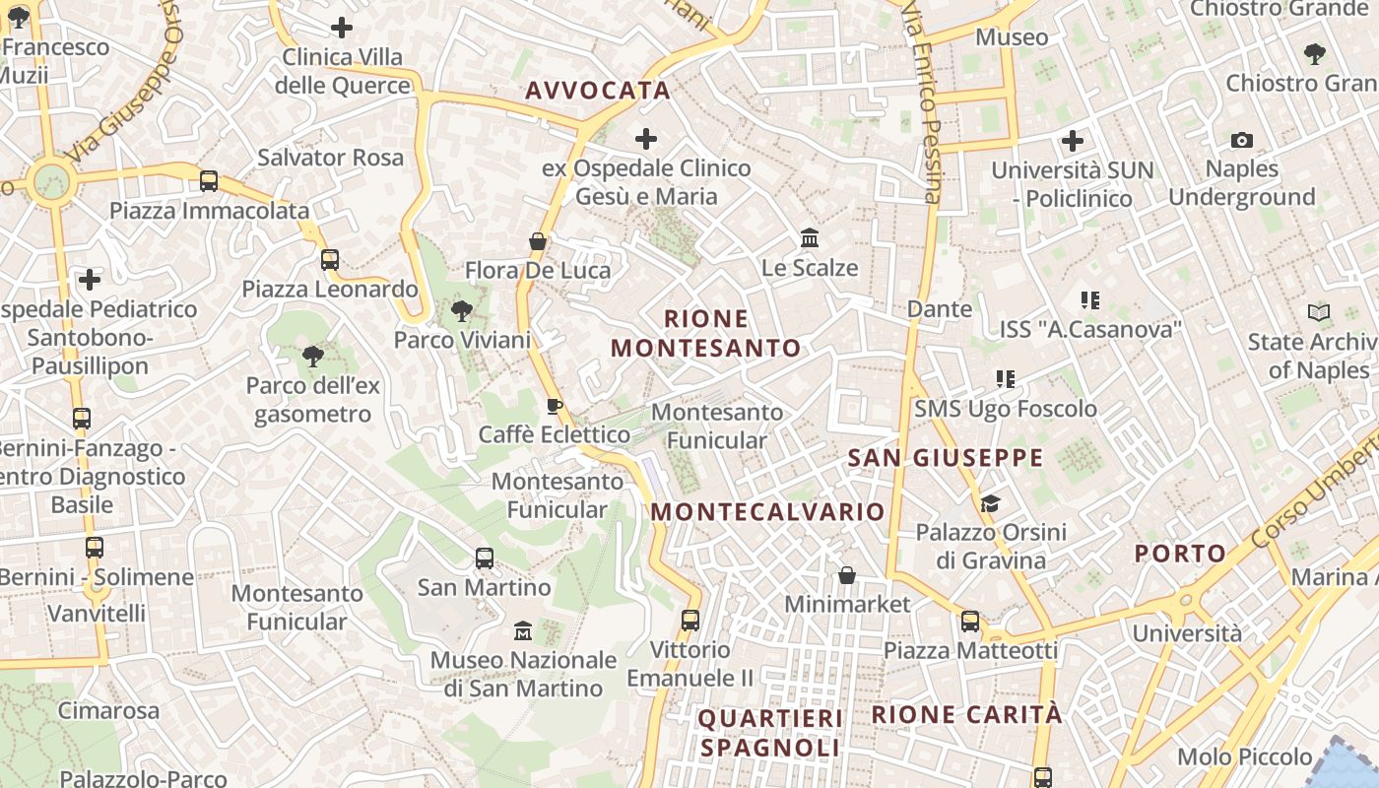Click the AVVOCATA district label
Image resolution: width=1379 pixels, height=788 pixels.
pyautogui.click(x=598, y=91)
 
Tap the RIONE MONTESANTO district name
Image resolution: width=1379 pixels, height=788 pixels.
pyautogui.click(x=706, y=333)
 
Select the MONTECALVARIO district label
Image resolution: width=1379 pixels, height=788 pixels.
pyautogui.click(x=768, y=512)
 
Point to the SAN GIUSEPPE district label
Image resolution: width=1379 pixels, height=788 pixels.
pyautogui.click(x=946, y=458)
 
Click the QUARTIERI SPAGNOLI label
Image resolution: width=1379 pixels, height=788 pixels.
pyautogui.click(x=770, y=733)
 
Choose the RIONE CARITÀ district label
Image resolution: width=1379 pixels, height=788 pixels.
pyautogui.click(x=967, y=714)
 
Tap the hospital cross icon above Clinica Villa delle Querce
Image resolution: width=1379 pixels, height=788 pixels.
pyautogui.click(x=342, y=28)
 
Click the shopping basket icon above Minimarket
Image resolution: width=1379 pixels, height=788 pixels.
pyautogui.click(x=847, y=574)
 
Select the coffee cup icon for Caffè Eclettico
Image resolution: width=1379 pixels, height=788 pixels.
pyautogui.click(x=555, y=406)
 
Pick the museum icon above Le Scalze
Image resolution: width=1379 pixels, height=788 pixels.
pyautogui.click(x=810, y=238)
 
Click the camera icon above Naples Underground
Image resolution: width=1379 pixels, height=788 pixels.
pyautogui.click(x=1242, y=141)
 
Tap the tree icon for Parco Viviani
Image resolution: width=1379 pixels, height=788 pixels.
pyautogui.click(x=461, y=312)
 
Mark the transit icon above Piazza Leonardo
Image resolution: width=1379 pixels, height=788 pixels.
pyautogui.click(x=330, y=260)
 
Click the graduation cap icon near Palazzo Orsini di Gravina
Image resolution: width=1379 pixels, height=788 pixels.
pyautogui.click(x=990, y=503)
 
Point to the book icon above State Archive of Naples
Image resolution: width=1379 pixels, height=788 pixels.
pyautogui.click(x=1319, y=313)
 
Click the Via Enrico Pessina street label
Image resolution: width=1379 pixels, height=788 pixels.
pyautogui.click(x=924, y=103)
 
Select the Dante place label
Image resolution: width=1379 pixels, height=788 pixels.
pyautogui.click(x=939, y=309)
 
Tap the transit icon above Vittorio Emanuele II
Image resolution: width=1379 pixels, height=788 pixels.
pyautogui.click(x=690, y=621)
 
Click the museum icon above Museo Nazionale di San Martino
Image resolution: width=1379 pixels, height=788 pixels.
pyautogui.click(x=523, y=630)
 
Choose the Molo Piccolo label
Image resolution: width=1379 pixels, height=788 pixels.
pyautogui.click(x=1245, y=756)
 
